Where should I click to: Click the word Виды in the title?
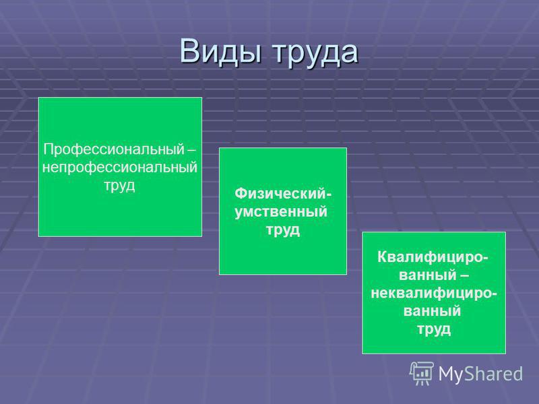tap(220, 52)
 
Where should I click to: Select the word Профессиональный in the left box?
tap(114, 149)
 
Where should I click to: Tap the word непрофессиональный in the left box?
tap(120, 167)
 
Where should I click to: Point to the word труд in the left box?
tap(119, 186)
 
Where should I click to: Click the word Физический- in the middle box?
tap(283, 194)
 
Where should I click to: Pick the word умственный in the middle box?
tap(281, 211)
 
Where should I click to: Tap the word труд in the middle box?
tap(283, 230)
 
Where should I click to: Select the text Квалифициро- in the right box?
tap(433, 257)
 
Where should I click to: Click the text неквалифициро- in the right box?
tap(434, 294)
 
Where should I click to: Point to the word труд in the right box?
tap(434, 329)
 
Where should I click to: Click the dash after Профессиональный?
tap(191, 150)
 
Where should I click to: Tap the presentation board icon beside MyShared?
tap(422, 373)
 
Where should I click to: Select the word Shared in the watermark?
tap(493, 373)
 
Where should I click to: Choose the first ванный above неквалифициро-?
tap(428, 275)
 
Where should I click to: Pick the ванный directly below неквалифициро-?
tap(432, 311)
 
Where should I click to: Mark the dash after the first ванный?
tap(464, 276)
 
